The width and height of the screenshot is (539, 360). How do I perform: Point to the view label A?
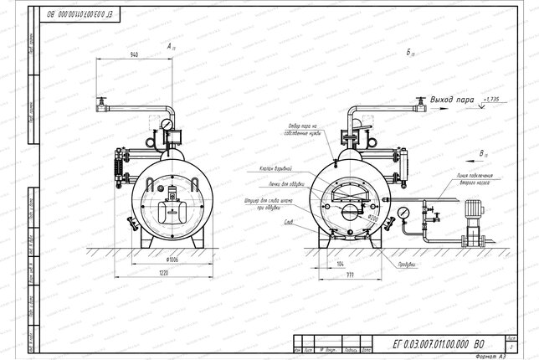170,44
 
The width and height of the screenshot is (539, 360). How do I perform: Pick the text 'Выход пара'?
452,100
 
